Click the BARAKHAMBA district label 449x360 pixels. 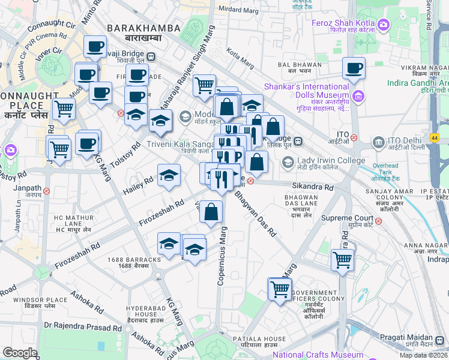pos(143,28)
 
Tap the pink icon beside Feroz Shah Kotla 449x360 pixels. pos(384,24)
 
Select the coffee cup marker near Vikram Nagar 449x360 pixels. pos(354,68)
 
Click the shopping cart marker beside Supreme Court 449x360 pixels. pos(342,260)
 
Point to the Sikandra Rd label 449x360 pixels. pos(312,187)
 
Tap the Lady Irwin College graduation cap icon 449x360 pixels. pos(288,161)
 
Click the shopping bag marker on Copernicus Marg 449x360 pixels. pos(211,212)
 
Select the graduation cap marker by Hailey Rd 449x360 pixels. pos(169,175)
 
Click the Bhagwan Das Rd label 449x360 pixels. pos(255,213)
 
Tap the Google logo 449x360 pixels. pos(20,353)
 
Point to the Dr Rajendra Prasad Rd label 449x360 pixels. pos(82,328)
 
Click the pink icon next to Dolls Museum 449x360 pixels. pos(358,95)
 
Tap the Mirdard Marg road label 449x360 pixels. pos(238,10)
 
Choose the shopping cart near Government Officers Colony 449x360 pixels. pos(280,289)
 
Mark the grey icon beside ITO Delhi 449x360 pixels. pos(378,142)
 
